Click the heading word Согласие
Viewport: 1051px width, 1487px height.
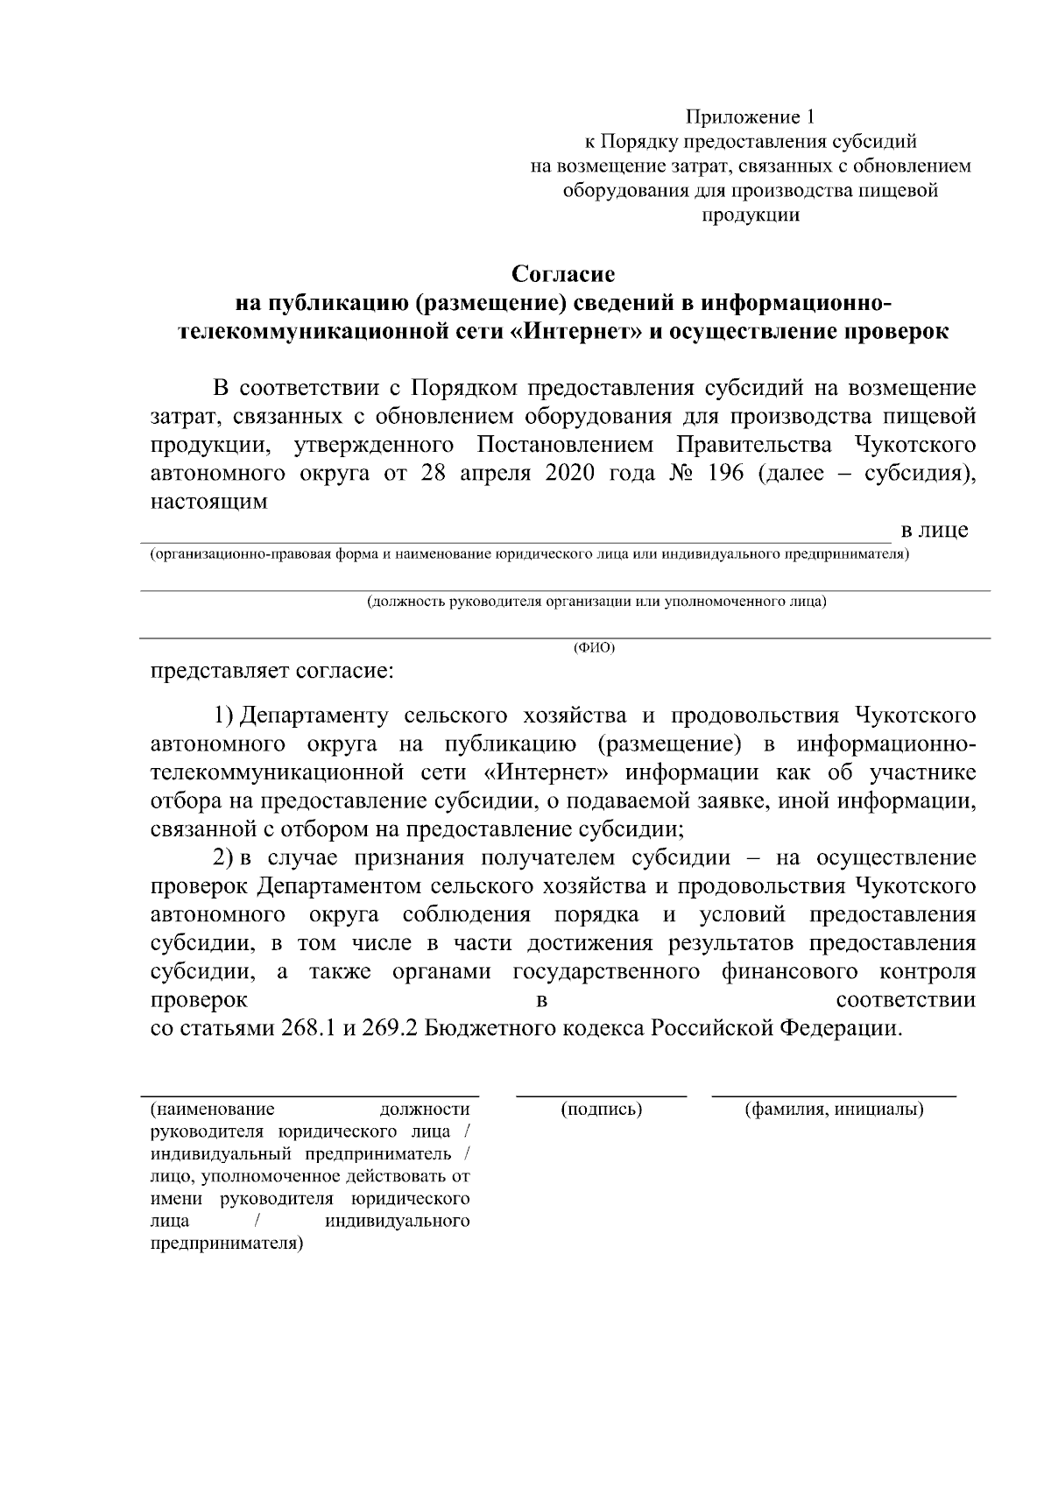pyautogui.click(x=563, y=275)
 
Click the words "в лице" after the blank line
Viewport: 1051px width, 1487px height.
pyautogui.click(x=935, y=530)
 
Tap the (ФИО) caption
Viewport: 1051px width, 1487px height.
pyautogui.click(x=594, y=648)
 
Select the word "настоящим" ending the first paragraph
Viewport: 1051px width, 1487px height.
pyautogui.click(x=208, y=503)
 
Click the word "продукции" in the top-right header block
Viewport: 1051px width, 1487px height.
pyautogui.click(x=751, y=215)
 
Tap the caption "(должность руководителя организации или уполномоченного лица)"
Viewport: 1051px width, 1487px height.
pyautogui.click(x=596, y=603)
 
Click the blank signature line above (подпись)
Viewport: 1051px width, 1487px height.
pyautogui.click(x=601, y=1095)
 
